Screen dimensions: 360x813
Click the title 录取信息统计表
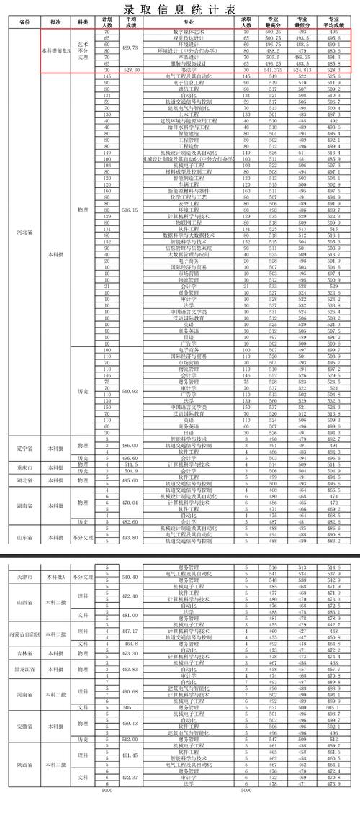tap(180, 9)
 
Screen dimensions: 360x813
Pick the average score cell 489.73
tap(130, 46)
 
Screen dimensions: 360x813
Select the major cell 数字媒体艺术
tap(186, 32)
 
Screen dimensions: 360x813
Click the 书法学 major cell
tap(186, 69)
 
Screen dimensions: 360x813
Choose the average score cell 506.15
tap(130, 210)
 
